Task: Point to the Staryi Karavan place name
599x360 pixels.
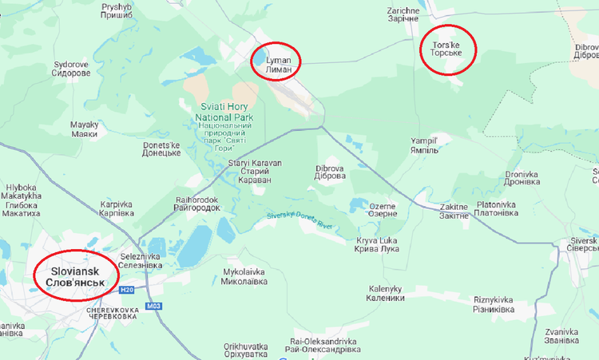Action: tap(255, 172)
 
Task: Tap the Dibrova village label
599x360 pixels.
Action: tap(331, 172)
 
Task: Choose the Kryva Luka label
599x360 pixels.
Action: tap(377, 244)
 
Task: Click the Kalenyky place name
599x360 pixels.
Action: tap(387, 293)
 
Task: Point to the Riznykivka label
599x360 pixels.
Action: tap(493, 304)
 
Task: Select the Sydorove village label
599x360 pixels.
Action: tap(71, 69)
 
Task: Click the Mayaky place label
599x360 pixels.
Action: tap(84, 129)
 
